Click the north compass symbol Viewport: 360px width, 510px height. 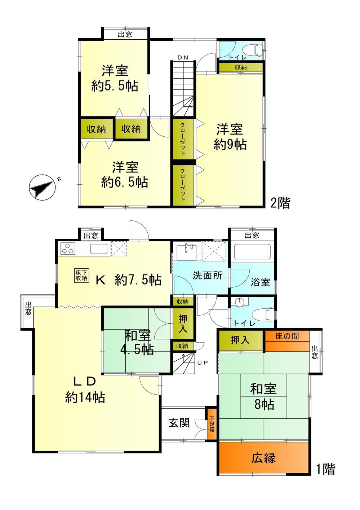[x=42, y=188]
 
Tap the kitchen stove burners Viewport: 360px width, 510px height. [x=68, y=249]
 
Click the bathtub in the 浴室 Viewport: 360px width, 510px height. [x=252, y=252]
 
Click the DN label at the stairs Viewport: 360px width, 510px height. [x=183, y=58]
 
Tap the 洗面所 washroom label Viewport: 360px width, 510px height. [x=208, y=275]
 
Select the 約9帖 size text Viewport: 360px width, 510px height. [x=230, y=144]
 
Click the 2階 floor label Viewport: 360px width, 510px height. [x=280, y=203]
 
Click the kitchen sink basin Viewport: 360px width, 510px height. [x=99, y=249]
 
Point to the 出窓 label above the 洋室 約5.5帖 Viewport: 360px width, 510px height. [x=125, y=34]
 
